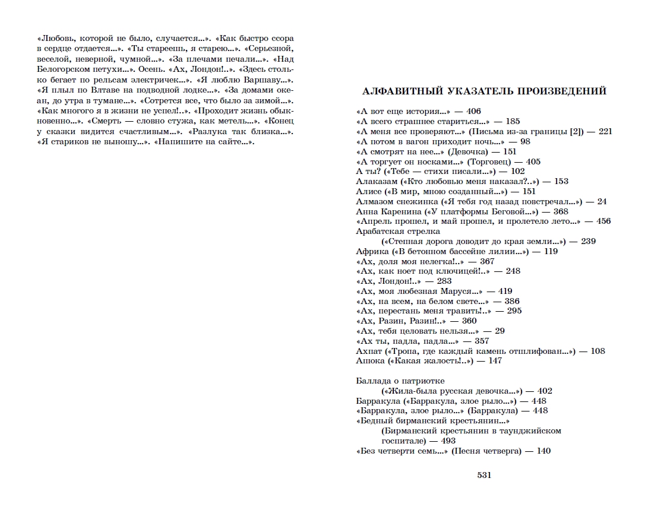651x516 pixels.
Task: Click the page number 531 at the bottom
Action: tap(484, 475)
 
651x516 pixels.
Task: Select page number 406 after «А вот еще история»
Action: tap(473, 112)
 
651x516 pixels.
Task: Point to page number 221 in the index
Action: tap(605, 132)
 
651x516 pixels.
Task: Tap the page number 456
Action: tap(603, 221)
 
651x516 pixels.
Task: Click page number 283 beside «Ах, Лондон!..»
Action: tap(444, 281)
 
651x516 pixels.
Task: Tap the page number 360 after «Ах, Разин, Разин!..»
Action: tap(469, 321)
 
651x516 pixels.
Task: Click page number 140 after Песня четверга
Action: tap(543, 451)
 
